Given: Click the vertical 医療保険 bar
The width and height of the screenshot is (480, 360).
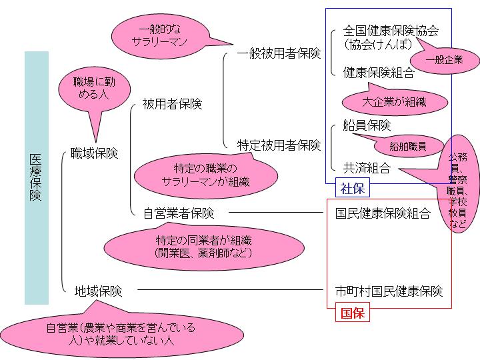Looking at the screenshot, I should pos(37,177).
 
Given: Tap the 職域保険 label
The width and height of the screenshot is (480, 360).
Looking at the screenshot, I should pos(94,154).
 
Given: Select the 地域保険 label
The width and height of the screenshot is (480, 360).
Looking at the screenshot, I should pos(98,291).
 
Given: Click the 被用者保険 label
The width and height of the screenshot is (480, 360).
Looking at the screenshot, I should pos(172,104).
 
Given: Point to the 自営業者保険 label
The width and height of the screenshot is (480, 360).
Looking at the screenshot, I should pos(179,213).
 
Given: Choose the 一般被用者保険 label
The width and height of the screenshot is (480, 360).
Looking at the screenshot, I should pos(279,53).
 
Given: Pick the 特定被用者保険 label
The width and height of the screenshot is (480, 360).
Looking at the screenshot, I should pos(279,144).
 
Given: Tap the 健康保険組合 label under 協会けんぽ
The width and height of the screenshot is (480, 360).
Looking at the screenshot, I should pos(379,73).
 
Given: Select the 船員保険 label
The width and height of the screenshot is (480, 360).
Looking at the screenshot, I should pos(367,125).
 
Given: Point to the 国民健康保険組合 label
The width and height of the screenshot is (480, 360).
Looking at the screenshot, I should pos(383,213).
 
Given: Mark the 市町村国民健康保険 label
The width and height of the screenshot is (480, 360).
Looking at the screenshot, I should pos(389,291).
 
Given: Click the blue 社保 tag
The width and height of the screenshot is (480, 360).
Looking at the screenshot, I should pos(353,189).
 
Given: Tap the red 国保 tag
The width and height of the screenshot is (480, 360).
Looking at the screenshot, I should pos(353,313).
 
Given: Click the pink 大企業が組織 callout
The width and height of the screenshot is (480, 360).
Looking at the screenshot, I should pos(394,102).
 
